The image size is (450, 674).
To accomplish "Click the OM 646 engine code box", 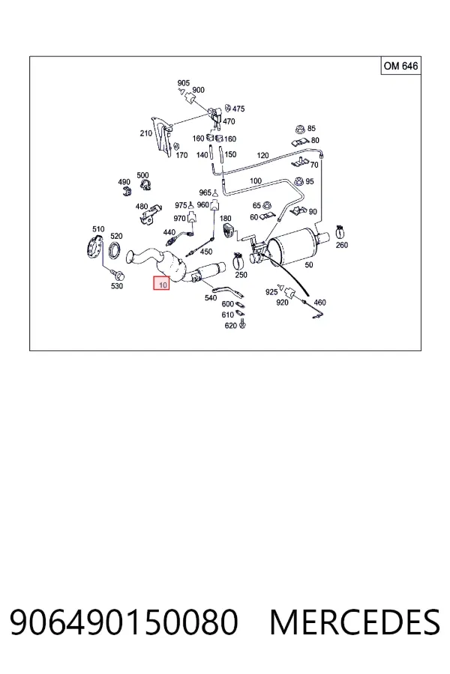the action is tap(400, 66).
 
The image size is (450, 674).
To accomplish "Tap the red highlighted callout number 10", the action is tap(161, 283).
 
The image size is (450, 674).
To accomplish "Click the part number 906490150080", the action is tap(124, 622).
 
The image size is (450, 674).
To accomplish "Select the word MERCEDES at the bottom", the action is tap(355, 622).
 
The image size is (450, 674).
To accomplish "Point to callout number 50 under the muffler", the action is tap(309, 265).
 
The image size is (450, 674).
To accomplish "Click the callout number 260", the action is tap(341, 245).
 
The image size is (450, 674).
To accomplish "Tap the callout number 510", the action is tap(98, 229).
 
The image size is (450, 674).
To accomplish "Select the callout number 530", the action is tap(117, 286).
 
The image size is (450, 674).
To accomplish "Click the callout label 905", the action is tap(184, 83).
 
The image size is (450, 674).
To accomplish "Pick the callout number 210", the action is tap(146, 133).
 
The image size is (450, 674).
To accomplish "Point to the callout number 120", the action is tap(262, 155).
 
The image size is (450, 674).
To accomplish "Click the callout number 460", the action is tap(319, 303).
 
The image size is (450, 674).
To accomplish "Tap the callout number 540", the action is tap(211, 297).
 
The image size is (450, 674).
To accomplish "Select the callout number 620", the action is tap(231, 326).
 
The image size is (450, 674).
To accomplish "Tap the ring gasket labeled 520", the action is tap(115, 251).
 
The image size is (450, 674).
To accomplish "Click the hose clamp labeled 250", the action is tap(240, 259).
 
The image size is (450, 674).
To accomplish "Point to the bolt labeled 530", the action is tap(117, 273).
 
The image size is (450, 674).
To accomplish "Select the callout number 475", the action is tap(238, 109).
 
